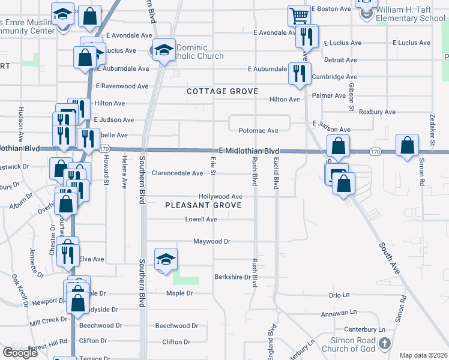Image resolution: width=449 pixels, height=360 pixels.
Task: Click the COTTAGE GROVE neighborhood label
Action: click(222, 91)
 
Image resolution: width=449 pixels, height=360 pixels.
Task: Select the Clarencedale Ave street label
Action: click(177, 173)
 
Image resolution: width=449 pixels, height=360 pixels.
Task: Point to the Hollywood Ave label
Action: click(221, 197)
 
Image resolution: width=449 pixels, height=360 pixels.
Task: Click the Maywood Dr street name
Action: click(212, 241)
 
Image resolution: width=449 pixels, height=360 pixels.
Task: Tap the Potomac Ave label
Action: click(259, 131)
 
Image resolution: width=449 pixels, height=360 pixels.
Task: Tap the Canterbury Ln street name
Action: click(365, 329)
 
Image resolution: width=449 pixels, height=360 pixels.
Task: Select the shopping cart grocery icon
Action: click(298, 14)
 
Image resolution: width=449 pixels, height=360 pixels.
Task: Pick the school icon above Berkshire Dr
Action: click(166, 259)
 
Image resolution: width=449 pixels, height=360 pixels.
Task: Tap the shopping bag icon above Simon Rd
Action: click(408, 145)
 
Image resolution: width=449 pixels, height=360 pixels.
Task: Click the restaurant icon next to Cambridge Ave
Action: click(298, 74)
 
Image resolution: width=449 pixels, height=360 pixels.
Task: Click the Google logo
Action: click(20, 353)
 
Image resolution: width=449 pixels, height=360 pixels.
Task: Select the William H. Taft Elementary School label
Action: click(411, 14)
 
